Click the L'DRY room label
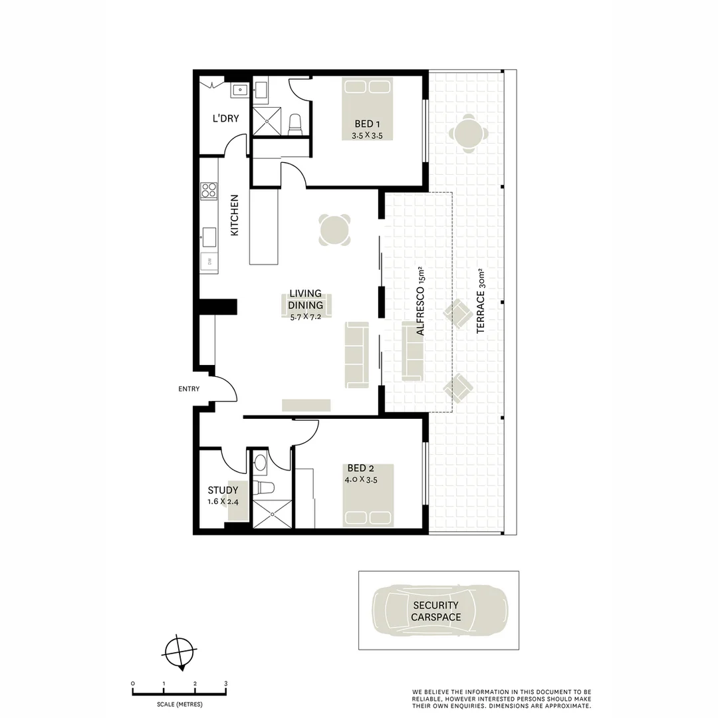pyautogui.click(x=225, y=119)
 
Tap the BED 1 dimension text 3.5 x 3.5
pyautogui.click(x=368, y=136)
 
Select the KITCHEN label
pyautogui.click(x=235, y=215)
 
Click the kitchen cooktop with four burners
pyautogui.click(x=209, y=191)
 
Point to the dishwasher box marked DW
pyautogui.click(x=209, y=263)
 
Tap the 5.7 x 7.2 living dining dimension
pyautogui.click(x=305, y=317)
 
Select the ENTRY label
pyautogui.click(x=189, y=389)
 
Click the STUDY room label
pyautogui.click(x=223, y=491)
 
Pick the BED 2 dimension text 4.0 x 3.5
pyautogui.click(x=362, y=479)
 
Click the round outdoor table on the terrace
pyautogui.click(x=469, y=134)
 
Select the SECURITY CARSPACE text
pyautogui.click(x=435, y=611)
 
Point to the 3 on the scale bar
pyautogui.click(x=226, y=683)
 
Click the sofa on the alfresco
pyautogui.click(x=412, y=351)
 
